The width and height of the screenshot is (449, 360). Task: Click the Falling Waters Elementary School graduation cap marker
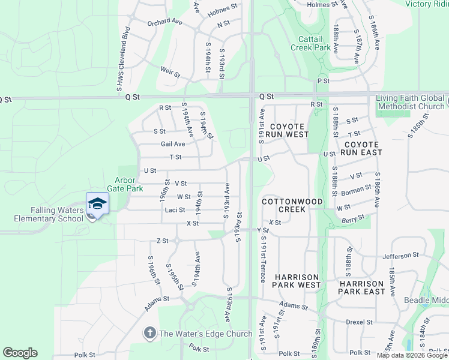pyautogui.click(x=97, y=203)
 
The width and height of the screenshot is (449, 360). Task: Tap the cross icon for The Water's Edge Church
pyautogui.click(x=149, y=332)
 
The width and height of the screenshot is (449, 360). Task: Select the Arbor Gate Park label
pyautogui.click(x=129, y=184)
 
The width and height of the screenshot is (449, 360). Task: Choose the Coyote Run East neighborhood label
pyautogui.click(x=361, y=148)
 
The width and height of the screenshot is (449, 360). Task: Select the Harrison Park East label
pyautogui.click(x=361, y=287)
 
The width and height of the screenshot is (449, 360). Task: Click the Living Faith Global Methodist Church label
pyautogui.click(x=411, y=102)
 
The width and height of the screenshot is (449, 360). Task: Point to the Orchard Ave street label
pyautogui.click(x=164, y=23)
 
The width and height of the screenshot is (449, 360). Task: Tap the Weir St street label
pyautogui.click(x=170, y=73)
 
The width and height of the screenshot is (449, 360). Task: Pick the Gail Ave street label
pyautogui.click(x=173, y=144)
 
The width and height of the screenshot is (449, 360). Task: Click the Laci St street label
pyautogui.click(x=175, y=210)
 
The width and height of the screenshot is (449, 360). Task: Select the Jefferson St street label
pyautogui.click(x=400, y=255)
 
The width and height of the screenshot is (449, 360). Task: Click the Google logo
pyautogui.click(x=20, y=353)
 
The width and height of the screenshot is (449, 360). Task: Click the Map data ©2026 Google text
pyautogui.click(x=412, y=355)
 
